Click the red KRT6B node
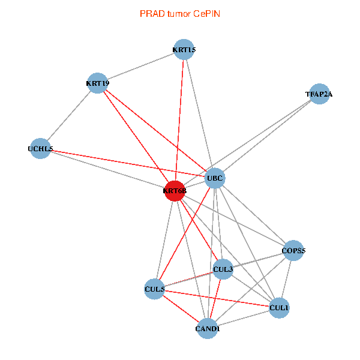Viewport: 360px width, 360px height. tap(175, 191)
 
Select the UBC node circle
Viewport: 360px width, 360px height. tap(215, 178)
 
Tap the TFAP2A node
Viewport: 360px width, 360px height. tap(319, 94)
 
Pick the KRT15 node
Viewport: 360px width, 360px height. tap(184, 49)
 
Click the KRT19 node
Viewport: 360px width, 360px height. tap(97, 83)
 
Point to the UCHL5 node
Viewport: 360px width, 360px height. tap(40, 148)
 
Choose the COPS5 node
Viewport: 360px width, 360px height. tap(293, 250)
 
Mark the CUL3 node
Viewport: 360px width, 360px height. tap(223, 269)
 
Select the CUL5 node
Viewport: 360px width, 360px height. tap(154, 289)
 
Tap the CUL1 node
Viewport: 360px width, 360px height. tap(279, 308)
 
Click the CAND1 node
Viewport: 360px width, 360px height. tap(208, 328)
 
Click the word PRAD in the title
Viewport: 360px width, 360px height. tap(150, 13)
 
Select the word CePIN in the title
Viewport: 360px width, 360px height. tap(206, 13)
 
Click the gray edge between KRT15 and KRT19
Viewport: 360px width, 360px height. tap(140, 66)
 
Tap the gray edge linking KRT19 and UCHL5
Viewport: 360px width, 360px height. tap(69, 115)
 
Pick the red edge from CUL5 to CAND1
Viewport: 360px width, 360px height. tap(181, 308)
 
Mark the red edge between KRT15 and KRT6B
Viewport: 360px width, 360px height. tap(179, 120)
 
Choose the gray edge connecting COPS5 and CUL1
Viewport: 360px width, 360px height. tap(286, 279)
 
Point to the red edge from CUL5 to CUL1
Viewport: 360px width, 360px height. tap(217, 298)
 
